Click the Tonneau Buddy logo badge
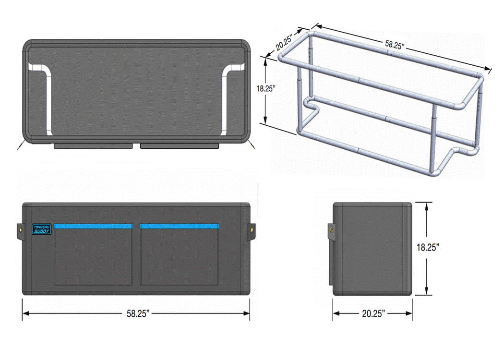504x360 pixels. coord(42,229)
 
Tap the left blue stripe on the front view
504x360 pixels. coord(93,226)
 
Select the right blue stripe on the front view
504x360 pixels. coord(180,226)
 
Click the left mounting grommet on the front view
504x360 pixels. coord(21,230)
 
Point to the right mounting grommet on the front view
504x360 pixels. coord(252,230)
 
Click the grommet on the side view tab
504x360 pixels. coord(331,230)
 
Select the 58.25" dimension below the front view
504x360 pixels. coord(138,314)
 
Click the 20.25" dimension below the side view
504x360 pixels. coord(373,314)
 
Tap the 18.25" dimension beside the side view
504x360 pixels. coord(428,248)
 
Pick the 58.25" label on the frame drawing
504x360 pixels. coord(395,45)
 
